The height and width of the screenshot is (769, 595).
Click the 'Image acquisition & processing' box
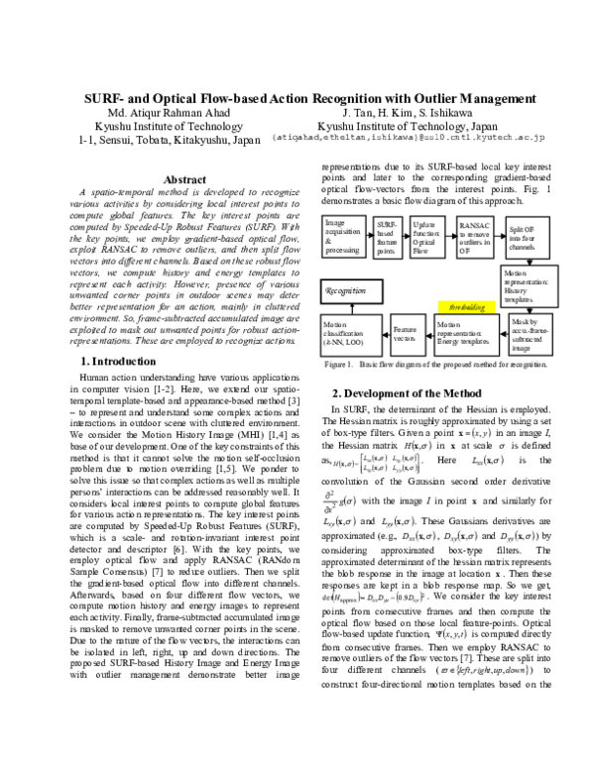344,237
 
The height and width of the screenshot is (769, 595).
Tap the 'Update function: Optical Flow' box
426,238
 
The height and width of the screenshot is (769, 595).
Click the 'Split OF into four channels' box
527,239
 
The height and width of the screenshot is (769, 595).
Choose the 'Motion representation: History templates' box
529,285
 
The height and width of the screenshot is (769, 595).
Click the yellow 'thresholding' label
466,307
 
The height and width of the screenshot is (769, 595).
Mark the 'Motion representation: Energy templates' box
466,335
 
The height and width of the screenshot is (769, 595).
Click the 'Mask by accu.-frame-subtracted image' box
530,335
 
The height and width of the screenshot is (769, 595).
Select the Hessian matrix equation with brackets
376,463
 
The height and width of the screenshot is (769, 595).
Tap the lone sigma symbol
502,447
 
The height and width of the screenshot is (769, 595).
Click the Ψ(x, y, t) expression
451,634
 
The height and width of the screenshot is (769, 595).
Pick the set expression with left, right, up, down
486,672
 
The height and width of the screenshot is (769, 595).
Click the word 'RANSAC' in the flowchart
469,226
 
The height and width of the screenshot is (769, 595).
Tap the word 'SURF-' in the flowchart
386,225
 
